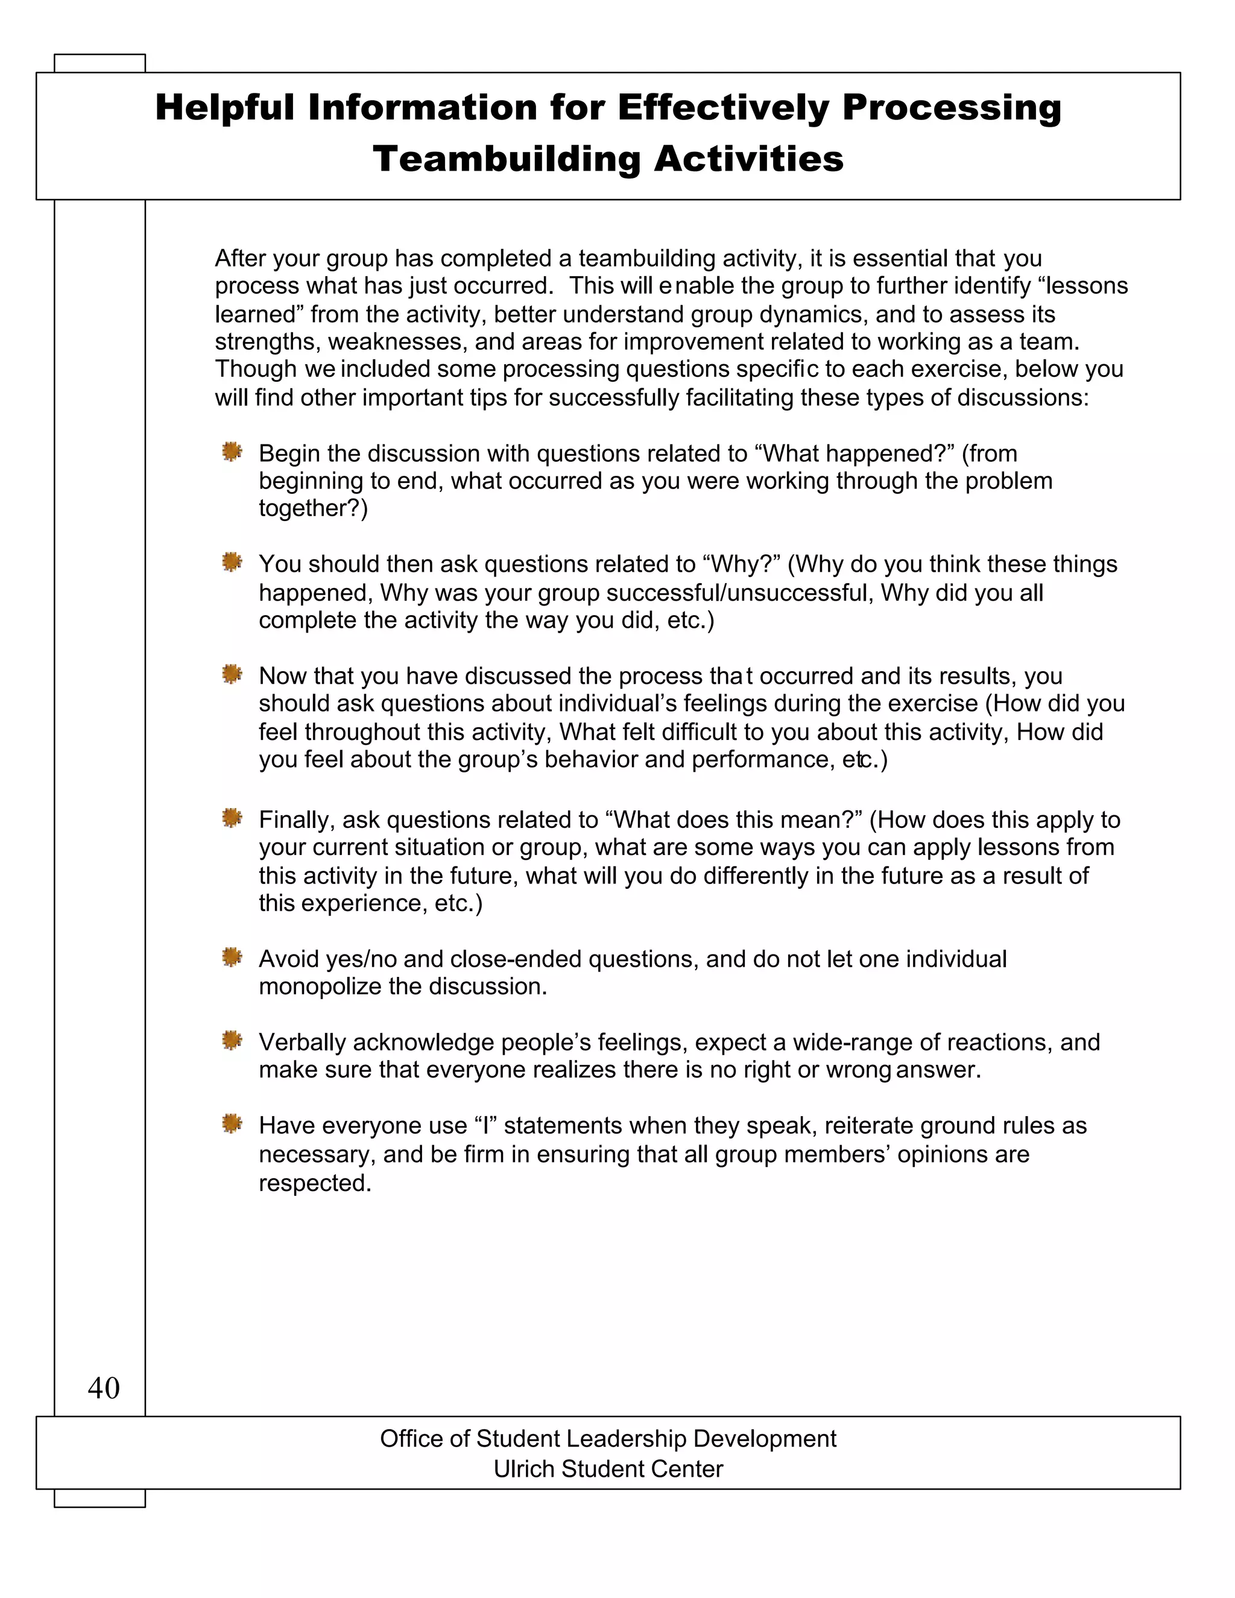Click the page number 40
tap(103, 1388)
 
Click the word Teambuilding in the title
tap(507, 159)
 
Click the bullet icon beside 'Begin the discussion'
tap(232, 452)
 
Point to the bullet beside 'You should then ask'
tap(232, 563)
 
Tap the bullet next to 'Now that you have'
tap(232, 674)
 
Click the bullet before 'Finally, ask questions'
tap(232, 818)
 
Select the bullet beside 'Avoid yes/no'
tap(232, 957)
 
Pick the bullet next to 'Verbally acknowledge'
tap(232, 1040)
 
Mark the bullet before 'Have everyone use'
tap(232, 1124)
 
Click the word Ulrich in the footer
tap(525, 1468)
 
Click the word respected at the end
tap(315, 1183)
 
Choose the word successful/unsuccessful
tap(740, 593)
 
